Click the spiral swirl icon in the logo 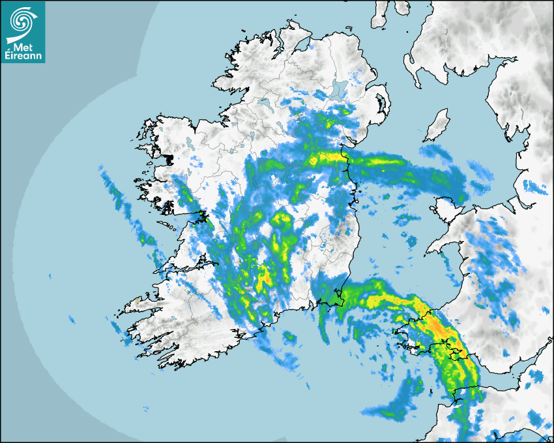(22, 22)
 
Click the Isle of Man (437, 126)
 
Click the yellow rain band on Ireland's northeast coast (329, 157)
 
